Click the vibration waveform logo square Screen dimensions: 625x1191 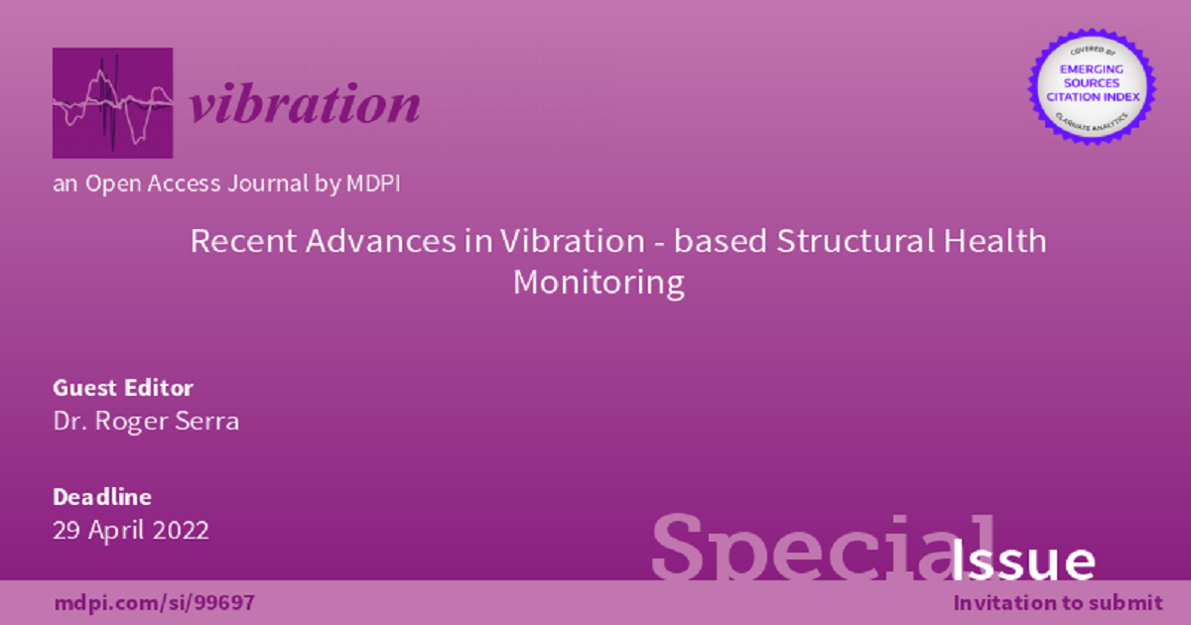coord(112,103)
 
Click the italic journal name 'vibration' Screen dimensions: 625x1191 coord(305,104)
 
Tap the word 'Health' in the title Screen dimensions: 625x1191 coord(995,241)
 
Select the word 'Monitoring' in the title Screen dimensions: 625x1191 coord(598,283)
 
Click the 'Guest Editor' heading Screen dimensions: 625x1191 coord(123,388)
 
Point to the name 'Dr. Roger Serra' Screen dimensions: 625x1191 coord(146,421)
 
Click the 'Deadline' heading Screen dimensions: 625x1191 coord(101,497)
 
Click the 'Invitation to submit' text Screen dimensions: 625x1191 coord(1058,602)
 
